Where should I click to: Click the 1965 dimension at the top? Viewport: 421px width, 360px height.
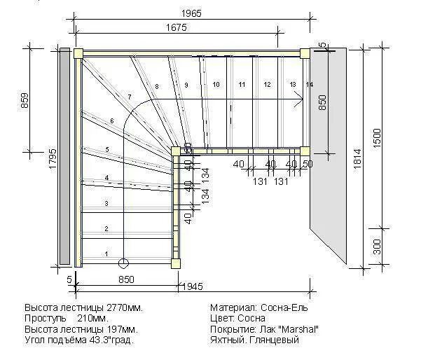193,14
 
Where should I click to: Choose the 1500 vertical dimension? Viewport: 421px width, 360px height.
377,136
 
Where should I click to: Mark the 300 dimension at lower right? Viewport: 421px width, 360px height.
377,245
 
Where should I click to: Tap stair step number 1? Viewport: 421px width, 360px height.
106,254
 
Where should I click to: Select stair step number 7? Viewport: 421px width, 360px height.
130,96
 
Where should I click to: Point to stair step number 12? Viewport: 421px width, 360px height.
267,84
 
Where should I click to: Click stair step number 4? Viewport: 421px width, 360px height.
106,178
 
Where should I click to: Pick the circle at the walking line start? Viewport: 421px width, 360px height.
124,264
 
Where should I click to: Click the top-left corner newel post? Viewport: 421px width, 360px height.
78,53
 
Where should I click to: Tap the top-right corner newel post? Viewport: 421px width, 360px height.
305,53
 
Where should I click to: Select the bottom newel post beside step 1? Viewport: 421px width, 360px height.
175,262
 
